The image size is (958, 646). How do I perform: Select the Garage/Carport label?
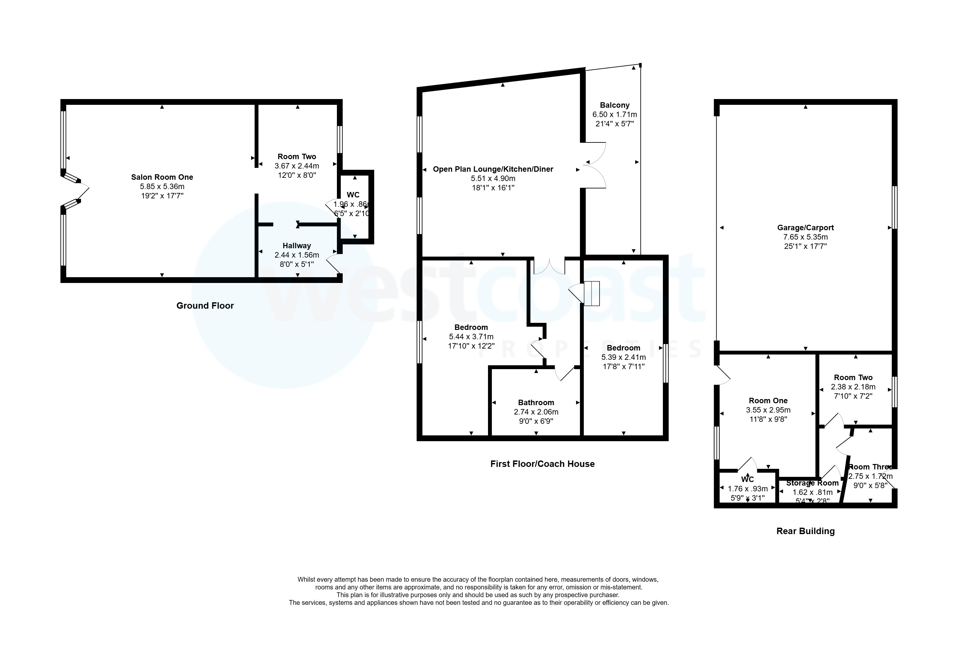coord(805,227)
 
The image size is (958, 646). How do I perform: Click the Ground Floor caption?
coord(205,306)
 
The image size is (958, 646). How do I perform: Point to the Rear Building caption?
coord(805,531)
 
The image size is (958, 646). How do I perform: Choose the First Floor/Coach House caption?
coord(542,464)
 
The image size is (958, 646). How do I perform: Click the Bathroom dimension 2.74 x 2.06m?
coord(536,412)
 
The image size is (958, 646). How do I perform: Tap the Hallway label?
coord(296,246)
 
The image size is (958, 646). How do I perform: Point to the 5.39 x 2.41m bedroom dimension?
coord(623,357)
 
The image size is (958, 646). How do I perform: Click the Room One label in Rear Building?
coord(768,400)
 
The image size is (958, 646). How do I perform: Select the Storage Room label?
coord(812,483)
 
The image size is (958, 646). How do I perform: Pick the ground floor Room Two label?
coord(296,157)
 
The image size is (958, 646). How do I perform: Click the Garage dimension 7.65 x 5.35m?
coord(805,237)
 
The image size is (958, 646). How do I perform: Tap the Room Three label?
coord(870,467)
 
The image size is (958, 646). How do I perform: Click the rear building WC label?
coord(747,479)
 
